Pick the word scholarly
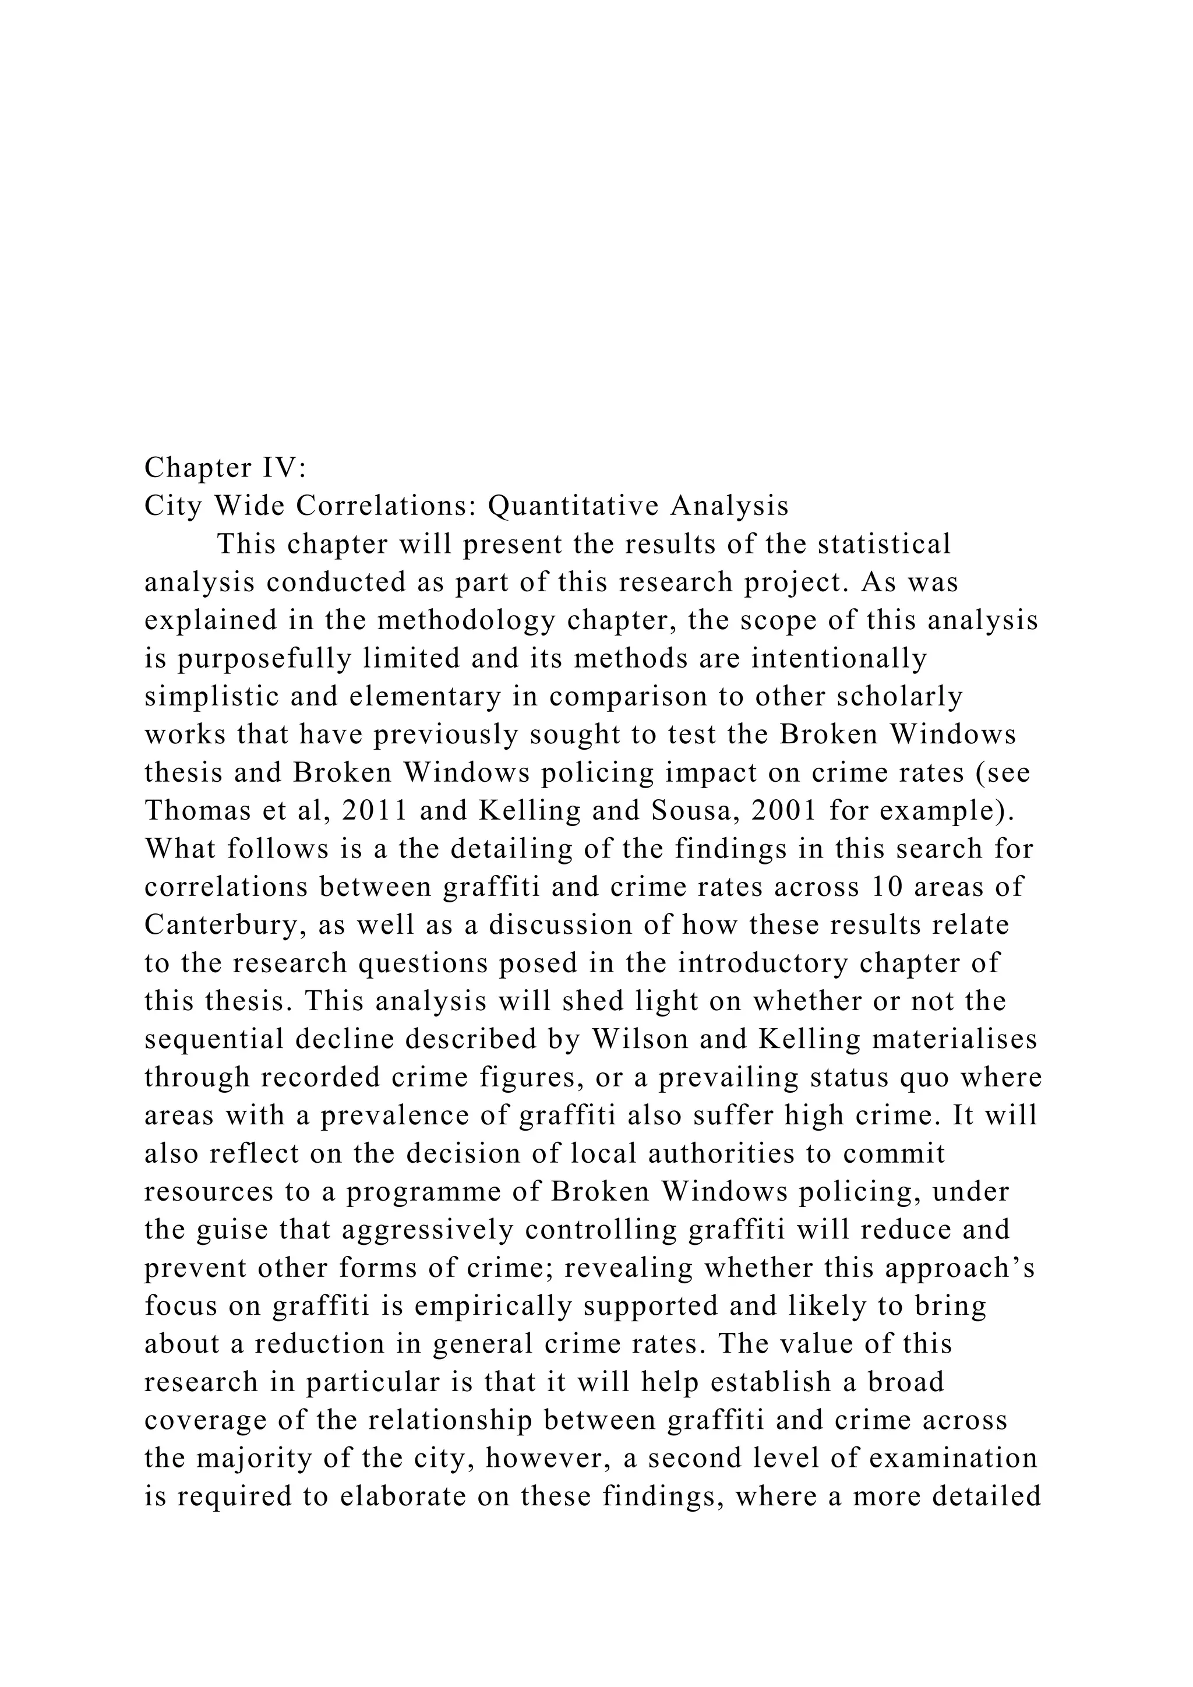(x=899, y=697)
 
